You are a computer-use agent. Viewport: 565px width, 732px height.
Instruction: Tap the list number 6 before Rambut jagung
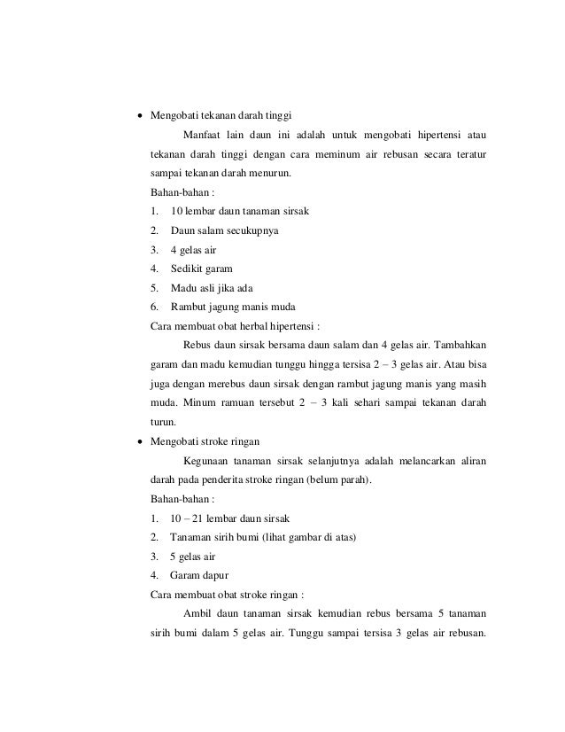point(155,307)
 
